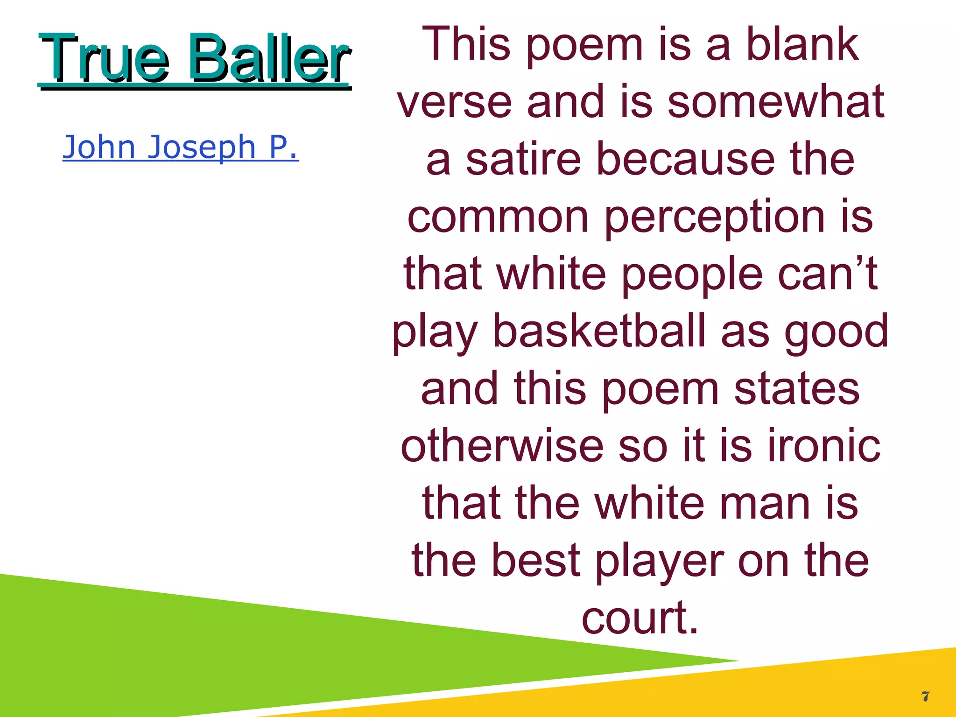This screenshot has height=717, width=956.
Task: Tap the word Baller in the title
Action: [x=269, y=58]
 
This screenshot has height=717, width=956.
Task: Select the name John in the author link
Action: [x=99, y=147]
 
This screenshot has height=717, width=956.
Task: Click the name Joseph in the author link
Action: [x=202, y=148]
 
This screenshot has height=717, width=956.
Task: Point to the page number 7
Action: [x=925, y=697]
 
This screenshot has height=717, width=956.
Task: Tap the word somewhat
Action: [x=776, y=101]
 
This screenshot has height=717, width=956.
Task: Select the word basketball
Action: [x=599, y=331]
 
